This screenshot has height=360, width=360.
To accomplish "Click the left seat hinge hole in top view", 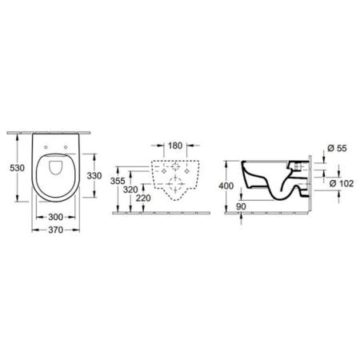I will pos(47,145).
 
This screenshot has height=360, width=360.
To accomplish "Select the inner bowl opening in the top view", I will pos(56,170).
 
